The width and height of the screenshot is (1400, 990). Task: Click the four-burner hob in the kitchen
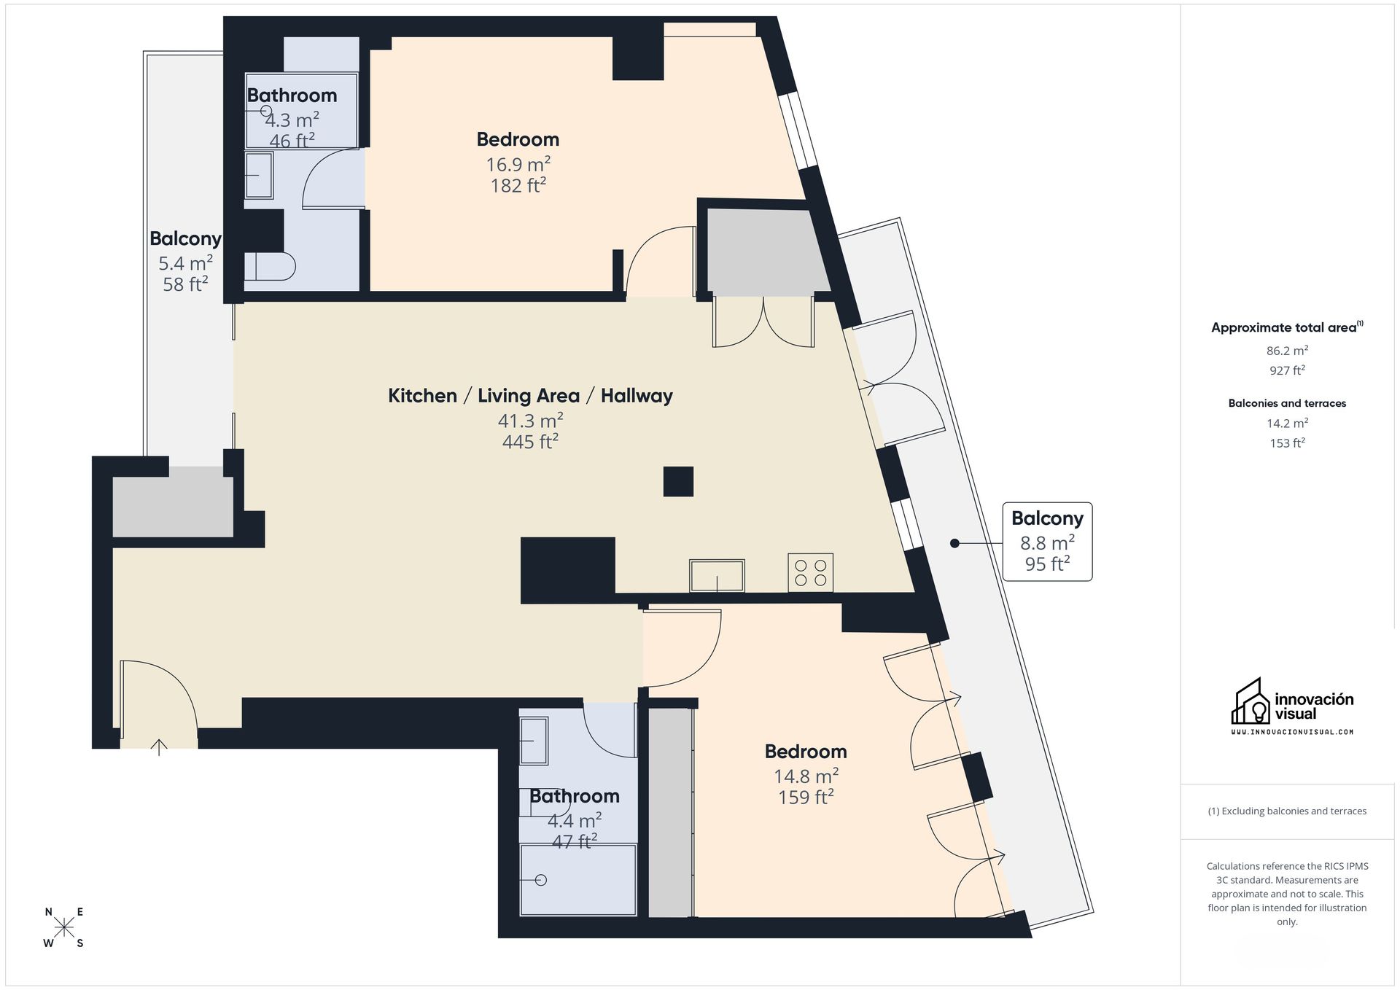click(810, 572)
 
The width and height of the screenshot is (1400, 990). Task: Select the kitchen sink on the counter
click(717, 575)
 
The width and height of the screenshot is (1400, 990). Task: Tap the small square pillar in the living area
click(678, 482)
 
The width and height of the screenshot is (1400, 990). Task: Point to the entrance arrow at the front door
click(159, 747)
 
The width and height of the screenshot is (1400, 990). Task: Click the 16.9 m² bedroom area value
click(518, 164)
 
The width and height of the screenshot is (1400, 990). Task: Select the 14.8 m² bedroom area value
click(806, 776)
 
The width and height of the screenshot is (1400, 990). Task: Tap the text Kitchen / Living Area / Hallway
click(530, 396)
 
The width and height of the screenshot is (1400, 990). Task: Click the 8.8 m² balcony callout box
click(1047, 542)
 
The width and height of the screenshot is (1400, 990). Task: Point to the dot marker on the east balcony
click(954, 543)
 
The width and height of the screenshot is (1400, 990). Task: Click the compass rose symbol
click(64, 927)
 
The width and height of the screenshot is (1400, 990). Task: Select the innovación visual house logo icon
click(1250, 702)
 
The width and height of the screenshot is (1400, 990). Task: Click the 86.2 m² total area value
click(1287, 351)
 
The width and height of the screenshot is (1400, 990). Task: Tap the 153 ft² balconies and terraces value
click(1287, 443)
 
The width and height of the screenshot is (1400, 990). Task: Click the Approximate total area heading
click(1283, 328)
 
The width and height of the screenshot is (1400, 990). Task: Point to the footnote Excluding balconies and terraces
click(1287, 811)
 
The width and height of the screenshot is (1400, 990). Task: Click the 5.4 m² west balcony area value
click(185, 263)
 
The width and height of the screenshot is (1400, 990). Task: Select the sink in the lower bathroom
click(534, 741)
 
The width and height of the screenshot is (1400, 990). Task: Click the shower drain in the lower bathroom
click(541, 880)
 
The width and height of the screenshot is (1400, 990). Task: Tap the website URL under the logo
click(1292, 732)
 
